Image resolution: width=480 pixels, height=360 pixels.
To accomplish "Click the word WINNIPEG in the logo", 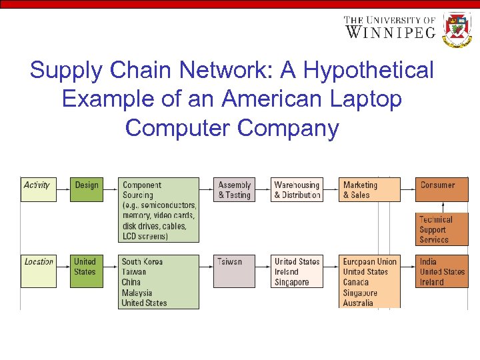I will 390,32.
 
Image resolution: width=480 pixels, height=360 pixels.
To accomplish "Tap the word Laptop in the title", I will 365,99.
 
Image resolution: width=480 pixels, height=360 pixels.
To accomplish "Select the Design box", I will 87,189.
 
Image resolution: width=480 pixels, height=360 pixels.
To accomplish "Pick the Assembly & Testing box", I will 235,189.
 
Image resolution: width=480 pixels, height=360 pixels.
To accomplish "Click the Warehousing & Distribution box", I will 297,189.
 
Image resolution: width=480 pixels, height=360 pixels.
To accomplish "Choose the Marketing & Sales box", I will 370,189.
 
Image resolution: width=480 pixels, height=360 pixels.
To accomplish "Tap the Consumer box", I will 442,189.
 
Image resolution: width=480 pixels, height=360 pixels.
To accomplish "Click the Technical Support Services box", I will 442,229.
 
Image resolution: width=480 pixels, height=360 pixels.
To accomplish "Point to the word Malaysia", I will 137,293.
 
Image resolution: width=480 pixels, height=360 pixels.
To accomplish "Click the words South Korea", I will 142,261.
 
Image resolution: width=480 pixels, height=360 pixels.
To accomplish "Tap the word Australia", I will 358,303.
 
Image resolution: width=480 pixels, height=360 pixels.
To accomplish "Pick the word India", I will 428,261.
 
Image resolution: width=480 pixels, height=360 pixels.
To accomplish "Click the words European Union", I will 369,261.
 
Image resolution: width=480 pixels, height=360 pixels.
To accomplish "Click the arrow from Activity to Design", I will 63,189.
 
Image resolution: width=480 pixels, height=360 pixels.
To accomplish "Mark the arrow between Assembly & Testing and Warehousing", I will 263,189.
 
